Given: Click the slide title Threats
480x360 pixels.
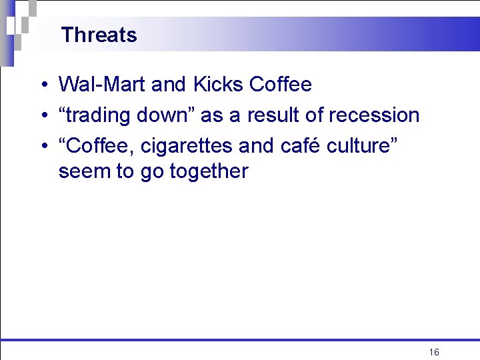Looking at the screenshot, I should pyautogui.click(x=99, y=35).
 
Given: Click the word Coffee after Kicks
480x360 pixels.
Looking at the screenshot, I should pyautogui.click(x=280, y=85).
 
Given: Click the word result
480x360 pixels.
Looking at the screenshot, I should pyautogui.click(x=274, y=115).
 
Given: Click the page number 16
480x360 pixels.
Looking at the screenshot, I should pyautogui.click(x=434, y=352).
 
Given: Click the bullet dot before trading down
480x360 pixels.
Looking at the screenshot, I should pyautogui.click(x=42, y=116).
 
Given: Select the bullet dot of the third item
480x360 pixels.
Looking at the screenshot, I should pyautogui.click(x=42, y=145).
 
